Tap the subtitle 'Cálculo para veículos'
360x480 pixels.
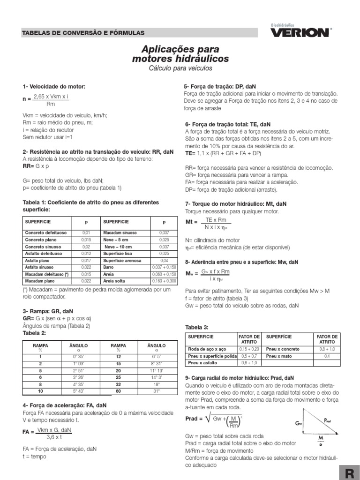pyautogui.click(x=180, y=68)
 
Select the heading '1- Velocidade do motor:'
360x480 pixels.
pyautogui.click(x=54, y=87)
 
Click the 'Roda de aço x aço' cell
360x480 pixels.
pyautogui.click(x=206, y=349)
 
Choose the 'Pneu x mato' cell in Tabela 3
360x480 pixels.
pyautogui.click(x=278, y=356)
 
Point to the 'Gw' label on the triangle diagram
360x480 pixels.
pyautogui.click(x=299, y=423)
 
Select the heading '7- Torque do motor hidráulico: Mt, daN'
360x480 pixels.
pyautogui.click(x=236, y=204)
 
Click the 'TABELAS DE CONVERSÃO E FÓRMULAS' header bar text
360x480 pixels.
pyautogui.click(x=83, y=33)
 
